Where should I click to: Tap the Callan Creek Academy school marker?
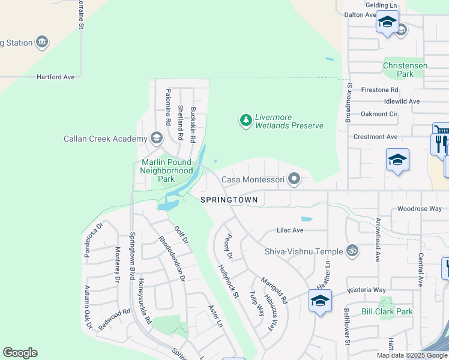click(x=157, y=139)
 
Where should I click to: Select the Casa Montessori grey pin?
click(x=294, y=179)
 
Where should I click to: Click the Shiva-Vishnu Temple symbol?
click(x=354, y=251)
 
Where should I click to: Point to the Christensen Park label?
click(x=405, y=70)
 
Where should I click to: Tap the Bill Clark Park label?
click(x=387, y=311)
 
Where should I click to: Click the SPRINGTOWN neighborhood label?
click(x=229, y=200)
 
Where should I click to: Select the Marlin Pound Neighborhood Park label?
click(x=166, y=170)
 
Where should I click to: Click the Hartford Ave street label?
click(x=55, y=77)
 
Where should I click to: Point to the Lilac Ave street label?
click(x=290, y=230)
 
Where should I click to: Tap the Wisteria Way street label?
click(x=366, y=290)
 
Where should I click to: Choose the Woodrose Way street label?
click(x=419, y=209)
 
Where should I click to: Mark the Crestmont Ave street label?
click(x=375, y=137)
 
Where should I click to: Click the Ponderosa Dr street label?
click(x=93, y=233)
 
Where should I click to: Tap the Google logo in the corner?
click(x=20, y=353)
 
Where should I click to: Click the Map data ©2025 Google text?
click(x=412, y=355)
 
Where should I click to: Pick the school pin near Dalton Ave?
click(x=387, y=23)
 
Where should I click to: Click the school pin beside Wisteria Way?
click(x=320, y=300)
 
